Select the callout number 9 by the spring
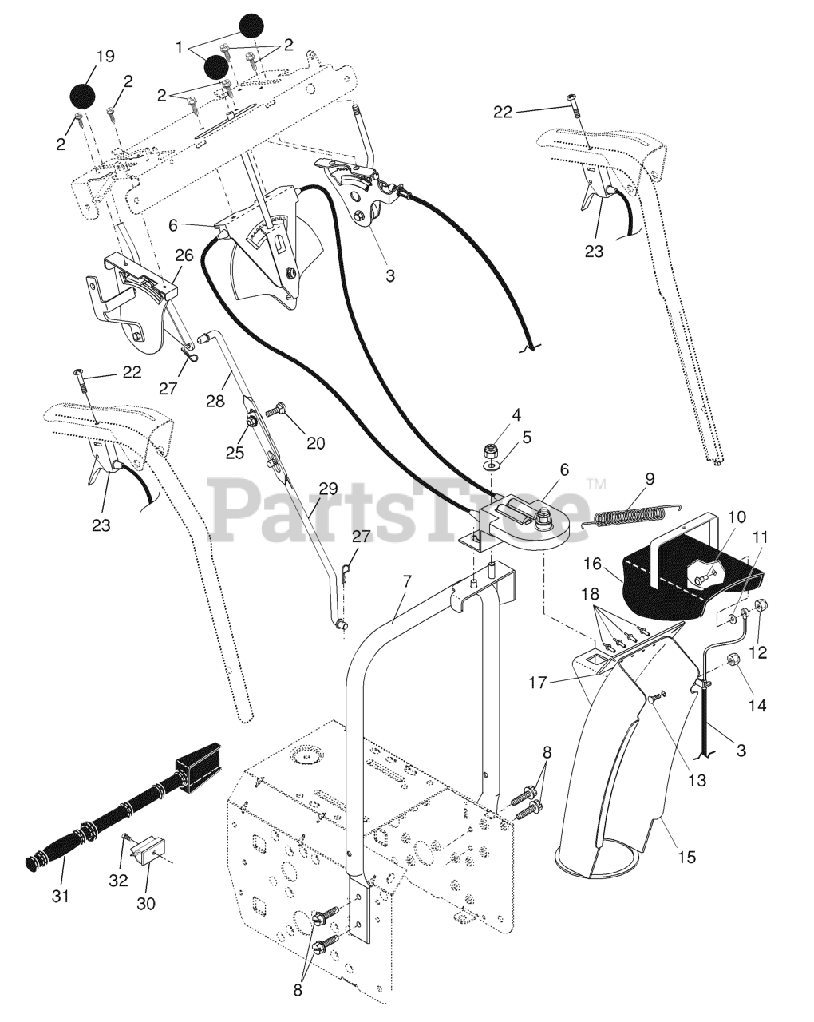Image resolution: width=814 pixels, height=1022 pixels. (650, 480)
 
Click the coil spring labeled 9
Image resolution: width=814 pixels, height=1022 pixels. (630, 516)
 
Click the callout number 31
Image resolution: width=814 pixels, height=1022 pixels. (61, 896)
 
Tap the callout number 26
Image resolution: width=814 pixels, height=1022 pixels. (184, 256)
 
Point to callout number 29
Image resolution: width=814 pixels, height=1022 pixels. (328, 489)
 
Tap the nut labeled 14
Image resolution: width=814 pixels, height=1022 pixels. (733, 661)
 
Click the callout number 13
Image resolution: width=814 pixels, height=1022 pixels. (698, 780)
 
